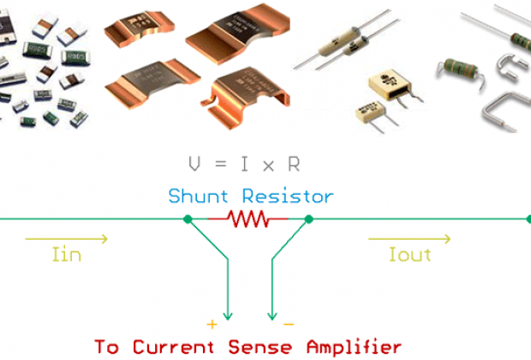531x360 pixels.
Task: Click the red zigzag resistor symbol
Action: (248, 219)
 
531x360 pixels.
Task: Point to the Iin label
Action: (65, 255)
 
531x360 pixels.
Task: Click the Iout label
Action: (409, 255)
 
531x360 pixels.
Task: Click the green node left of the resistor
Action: (188, 219)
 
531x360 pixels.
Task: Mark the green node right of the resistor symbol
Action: (309, 219)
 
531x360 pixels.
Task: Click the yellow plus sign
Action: (208, 324)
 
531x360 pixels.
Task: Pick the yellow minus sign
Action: (288, 324)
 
